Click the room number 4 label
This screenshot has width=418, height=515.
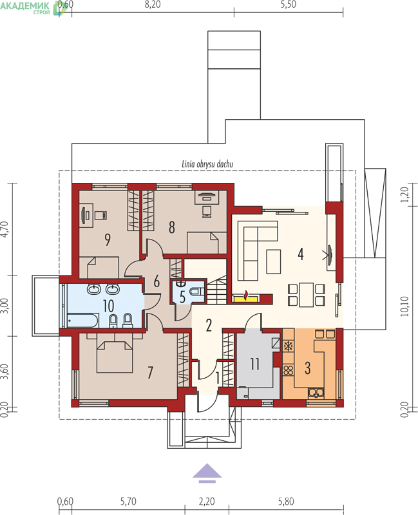300,254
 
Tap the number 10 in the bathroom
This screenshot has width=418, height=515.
108,306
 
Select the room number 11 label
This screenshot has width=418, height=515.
254,364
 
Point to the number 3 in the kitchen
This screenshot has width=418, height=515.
308,368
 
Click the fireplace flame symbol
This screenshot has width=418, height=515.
245,295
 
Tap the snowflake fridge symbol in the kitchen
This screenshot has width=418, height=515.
288,346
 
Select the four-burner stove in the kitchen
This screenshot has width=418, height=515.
288,370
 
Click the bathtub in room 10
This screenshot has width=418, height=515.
82,321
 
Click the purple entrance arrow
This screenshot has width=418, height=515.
207,473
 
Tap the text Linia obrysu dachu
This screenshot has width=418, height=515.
207,164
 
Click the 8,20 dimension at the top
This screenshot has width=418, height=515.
153,5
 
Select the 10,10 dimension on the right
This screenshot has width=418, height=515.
405,306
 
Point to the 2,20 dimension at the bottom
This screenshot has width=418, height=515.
207,501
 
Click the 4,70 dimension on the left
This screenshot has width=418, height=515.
5,229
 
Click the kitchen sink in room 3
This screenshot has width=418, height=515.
316,393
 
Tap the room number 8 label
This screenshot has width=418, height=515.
171,227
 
